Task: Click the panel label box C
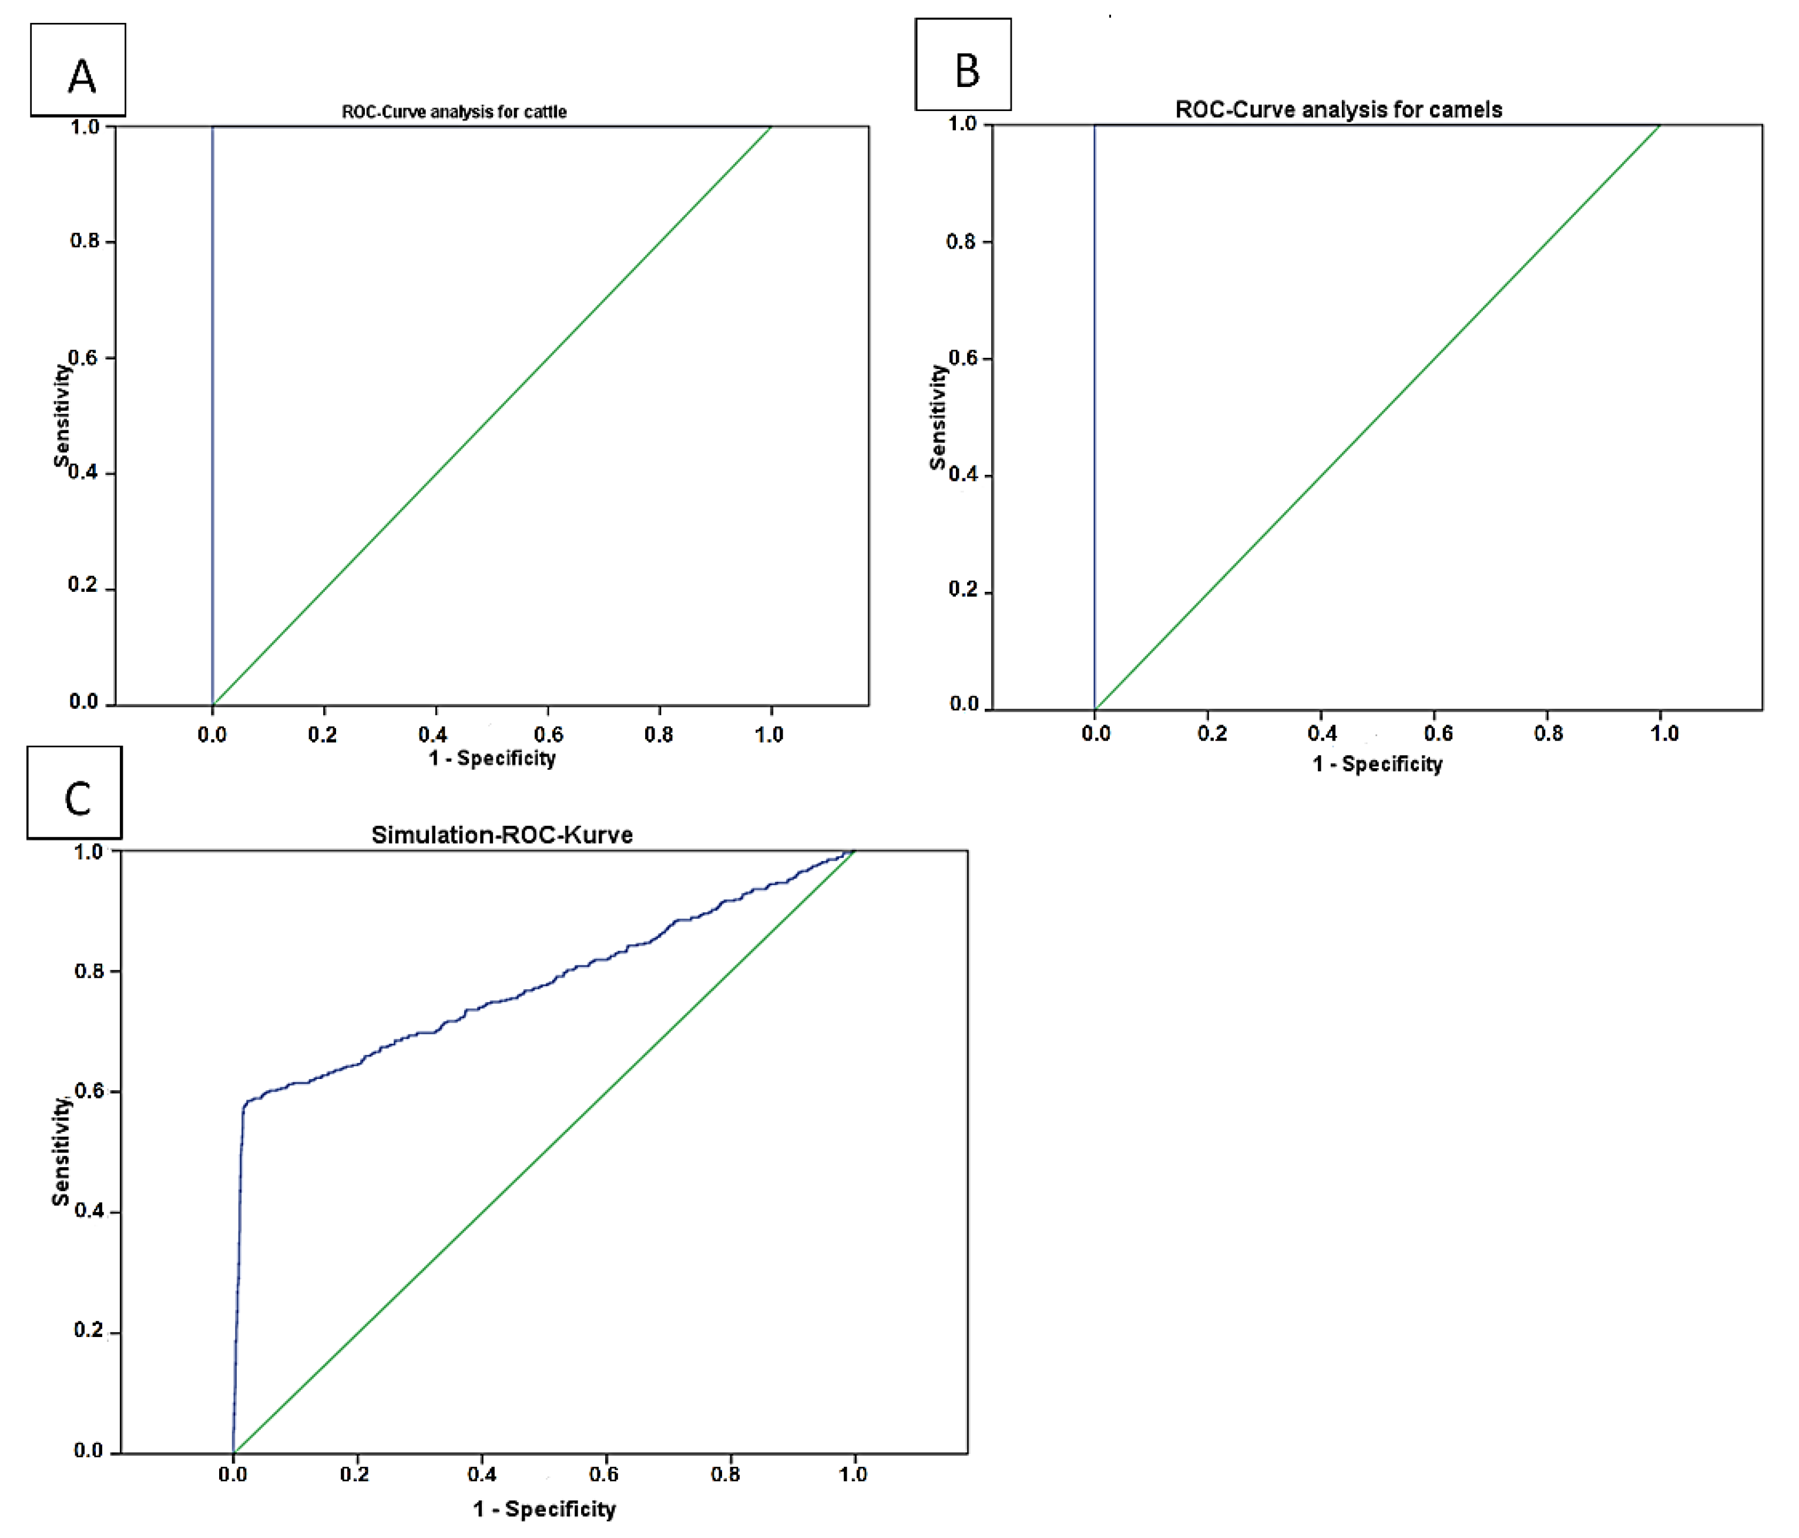75,792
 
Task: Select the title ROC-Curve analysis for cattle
454,112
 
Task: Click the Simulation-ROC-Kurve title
502,835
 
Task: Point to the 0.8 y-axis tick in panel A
85,240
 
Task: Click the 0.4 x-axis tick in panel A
433,735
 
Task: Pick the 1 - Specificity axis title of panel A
492,758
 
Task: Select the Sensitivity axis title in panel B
937,417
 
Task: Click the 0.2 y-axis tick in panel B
963,589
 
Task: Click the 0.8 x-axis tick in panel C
726,1474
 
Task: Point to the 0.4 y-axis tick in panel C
89,1211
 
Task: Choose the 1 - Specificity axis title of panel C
545,1509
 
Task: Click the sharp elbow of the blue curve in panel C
244,1107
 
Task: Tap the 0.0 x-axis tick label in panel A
212,735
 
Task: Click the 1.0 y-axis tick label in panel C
89,852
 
